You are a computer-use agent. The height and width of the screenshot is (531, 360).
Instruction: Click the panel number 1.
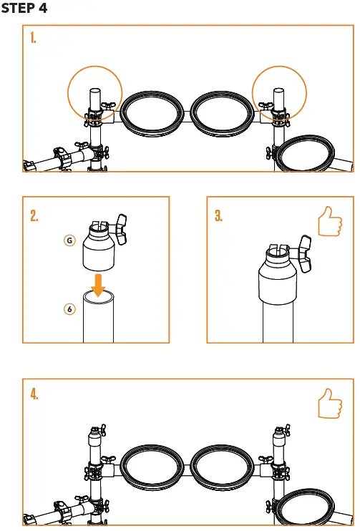pos(34,39)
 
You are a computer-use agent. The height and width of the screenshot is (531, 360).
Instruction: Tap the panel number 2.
pos(34,216)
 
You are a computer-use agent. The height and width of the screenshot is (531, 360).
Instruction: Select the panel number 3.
pos(219,216)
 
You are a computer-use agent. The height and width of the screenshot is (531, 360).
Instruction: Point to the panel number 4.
pos(34,394)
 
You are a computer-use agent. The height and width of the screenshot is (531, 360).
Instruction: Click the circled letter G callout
pos(69,240)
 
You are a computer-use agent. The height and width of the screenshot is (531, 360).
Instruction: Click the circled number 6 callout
pos(69,309)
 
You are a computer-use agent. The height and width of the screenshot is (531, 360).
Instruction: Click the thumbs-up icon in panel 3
pos(330,223)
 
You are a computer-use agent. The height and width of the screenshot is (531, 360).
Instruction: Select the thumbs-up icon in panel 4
pos(330,402)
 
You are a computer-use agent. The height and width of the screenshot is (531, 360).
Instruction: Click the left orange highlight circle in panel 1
pos(94,95)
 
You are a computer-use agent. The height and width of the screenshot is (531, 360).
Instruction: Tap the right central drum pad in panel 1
pos(221,115)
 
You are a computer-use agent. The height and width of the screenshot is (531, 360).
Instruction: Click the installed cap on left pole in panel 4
pos(94,436)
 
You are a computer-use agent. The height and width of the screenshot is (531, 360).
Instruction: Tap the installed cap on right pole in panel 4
pos(278,436)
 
